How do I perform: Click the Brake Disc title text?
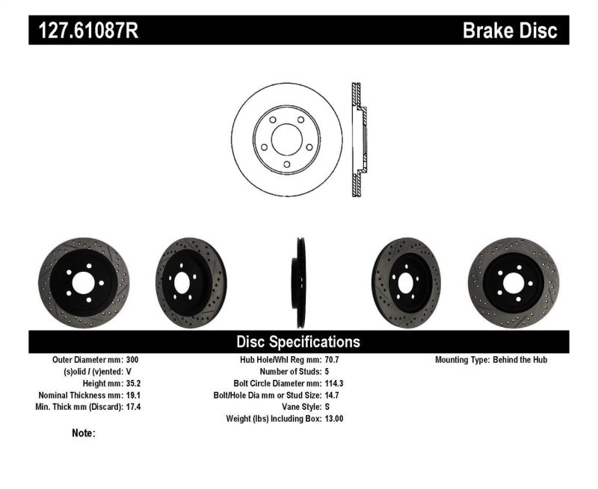point(510,31)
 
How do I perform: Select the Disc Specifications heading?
point(298,342)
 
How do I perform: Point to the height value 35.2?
point(132,383)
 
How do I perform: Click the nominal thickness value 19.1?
point(132,395)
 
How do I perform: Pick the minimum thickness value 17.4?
point(132,407)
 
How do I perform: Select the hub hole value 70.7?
point(332,360)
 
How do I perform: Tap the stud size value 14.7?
point(332,395)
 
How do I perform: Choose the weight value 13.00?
point(334,419)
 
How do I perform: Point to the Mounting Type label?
point(462,360)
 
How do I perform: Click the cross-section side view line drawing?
point(359,140)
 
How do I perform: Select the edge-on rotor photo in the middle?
point(300,282)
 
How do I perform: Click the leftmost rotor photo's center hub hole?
point(83,282)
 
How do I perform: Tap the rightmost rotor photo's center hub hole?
point(513,282)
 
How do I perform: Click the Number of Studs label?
point(289,372)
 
